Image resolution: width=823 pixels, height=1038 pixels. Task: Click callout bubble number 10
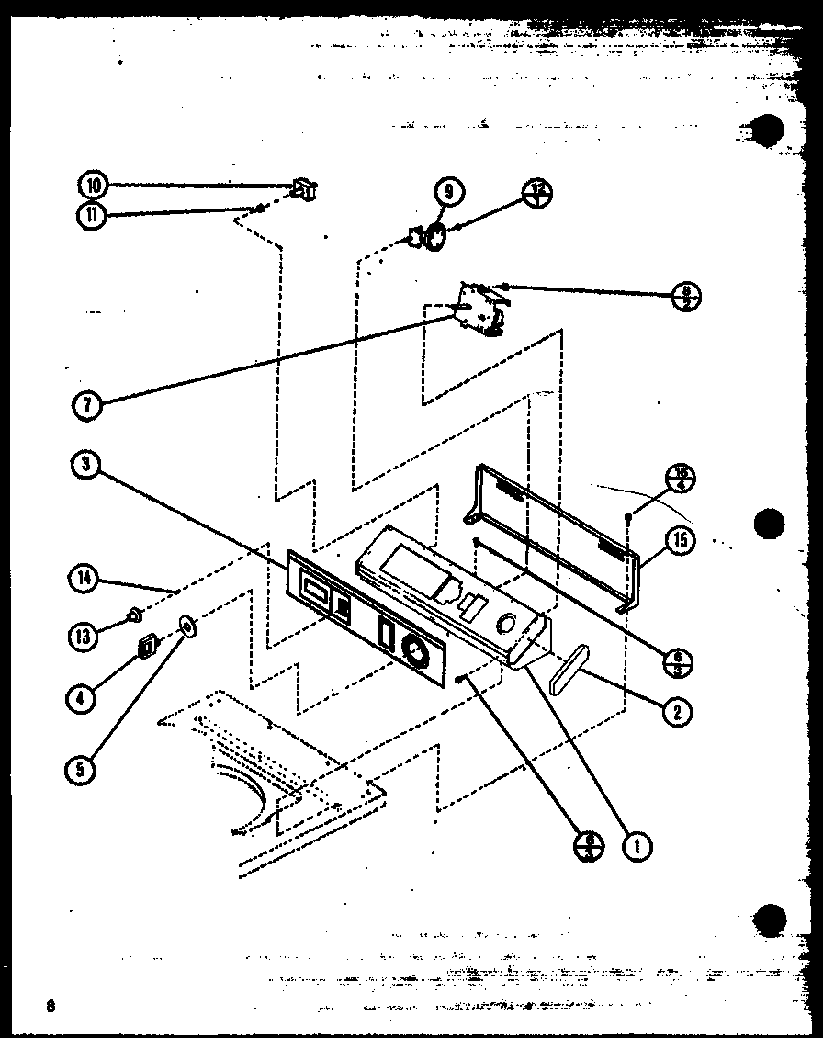point(93,186)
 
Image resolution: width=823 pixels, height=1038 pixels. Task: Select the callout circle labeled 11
point(93,216)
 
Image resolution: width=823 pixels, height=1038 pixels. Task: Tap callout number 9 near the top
point(449,192)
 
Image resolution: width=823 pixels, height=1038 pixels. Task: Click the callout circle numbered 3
point(85,465)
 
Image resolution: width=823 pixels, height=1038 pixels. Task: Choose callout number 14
point(85,579)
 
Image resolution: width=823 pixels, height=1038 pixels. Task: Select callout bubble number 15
point(680,541)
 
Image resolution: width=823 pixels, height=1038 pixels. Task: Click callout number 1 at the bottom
point(637,845)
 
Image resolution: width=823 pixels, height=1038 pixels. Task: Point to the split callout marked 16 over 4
point(681,479)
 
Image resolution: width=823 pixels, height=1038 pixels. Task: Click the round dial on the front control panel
point(415,652)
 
